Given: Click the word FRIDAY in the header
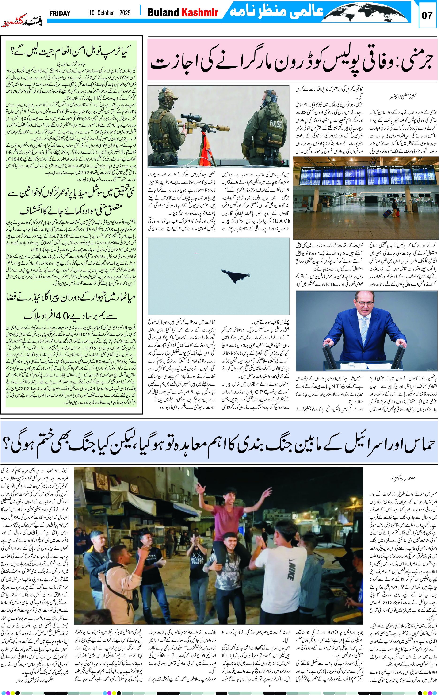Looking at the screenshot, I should pos(60,13).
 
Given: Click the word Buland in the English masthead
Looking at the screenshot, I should pos(163,12).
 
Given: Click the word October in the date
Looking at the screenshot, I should pos(105,13).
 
